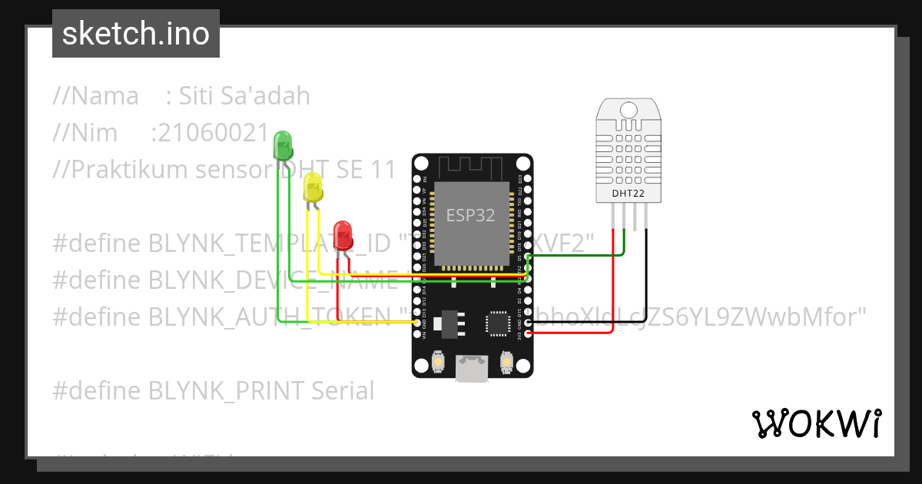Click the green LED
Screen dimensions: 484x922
coord(282,145)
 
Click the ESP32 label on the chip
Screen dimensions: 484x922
coord(471,215)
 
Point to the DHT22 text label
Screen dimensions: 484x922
coord(628,194)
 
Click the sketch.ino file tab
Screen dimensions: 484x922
coord(136,34)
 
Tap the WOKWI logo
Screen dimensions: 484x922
coord(816,423)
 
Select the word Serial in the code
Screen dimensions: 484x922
coord(343,391)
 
